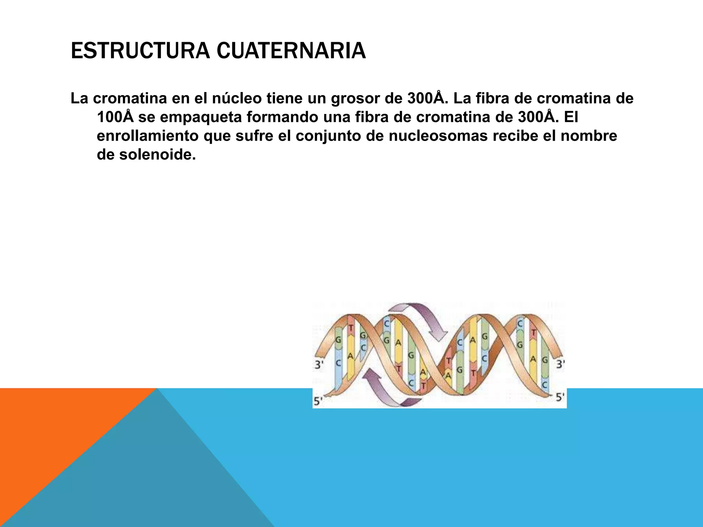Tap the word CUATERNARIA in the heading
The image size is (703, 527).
pyautogui.click(x=291, y=51)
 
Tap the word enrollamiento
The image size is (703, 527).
pyautogui.click(x=148, y=136)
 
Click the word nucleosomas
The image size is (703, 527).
pyautogui.click(x=438, y=136)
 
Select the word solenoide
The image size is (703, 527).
pyautogui.click(x=157, y=155)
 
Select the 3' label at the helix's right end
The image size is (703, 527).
pyautogui.click(x=560, y=364)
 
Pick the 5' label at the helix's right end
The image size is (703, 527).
pyautogui.click(x=560, y=397)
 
